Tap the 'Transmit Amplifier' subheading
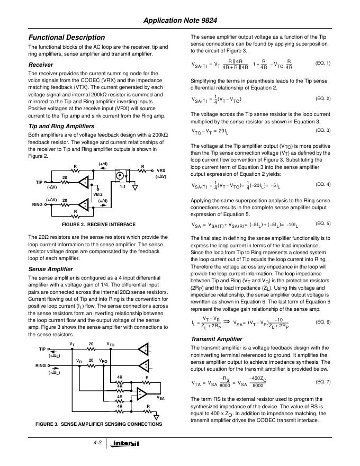[x=216, y=338]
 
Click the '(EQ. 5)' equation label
[x=322, y=223]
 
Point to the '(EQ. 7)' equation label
[x=322, y=381]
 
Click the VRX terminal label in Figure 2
[x=160, y=171]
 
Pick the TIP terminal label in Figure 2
[x=39, y=182]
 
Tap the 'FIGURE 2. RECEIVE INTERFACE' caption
[x=92, y=225]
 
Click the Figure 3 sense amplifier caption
[x=98, y=424]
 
